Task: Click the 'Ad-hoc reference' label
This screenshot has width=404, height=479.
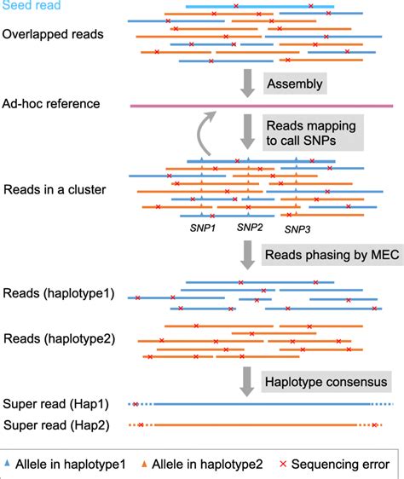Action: tap(51, 104)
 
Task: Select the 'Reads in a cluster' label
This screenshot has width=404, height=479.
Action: tap(54, 188)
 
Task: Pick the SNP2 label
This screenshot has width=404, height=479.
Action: tap(250, 228)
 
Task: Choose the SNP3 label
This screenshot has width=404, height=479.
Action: tap(298, 229)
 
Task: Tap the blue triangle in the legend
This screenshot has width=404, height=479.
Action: tap(9, 463)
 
